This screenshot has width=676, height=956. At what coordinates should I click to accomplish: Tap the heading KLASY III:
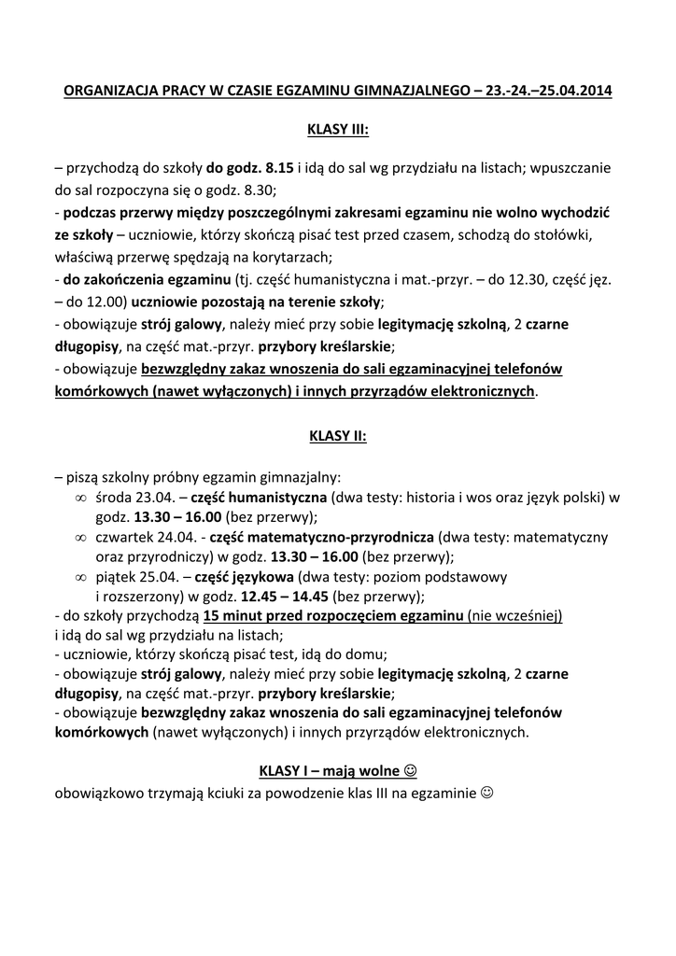click(x=338, y=130)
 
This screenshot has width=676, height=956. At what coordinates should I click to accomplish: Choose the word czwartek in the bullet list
click(x=126, y=539)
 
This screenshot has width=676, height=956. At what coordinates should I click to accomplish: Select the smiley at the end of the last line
click(x=486, y=794)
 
